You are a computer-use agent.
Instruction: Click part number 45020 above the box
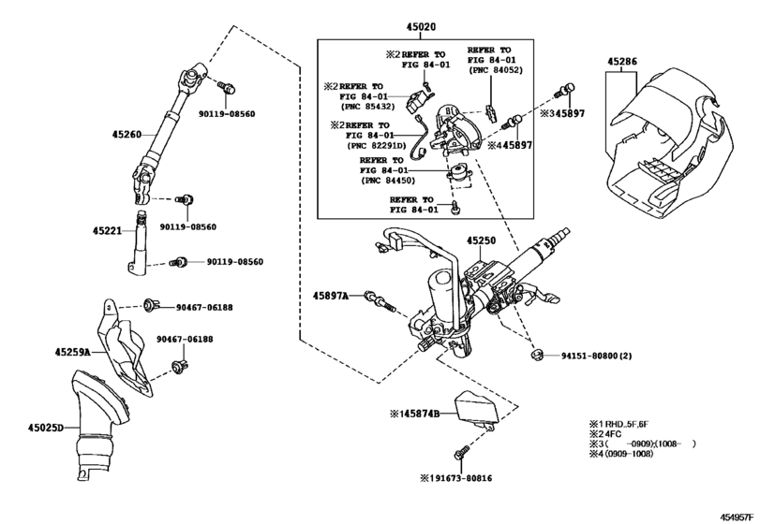pos(421,27)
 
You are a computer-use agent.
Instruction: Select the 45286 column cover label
pos(622,62)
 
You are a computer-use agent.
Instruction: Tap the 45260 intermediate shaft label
pos(127,135)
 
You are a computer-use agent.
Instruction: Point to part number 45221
pos(107,231)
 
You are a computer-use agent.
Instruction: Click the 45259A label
pos(73,352)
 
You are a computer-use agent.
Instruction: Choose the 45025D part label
pos(46,428)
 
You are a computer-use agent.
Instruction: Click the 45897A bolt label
pos(331,295)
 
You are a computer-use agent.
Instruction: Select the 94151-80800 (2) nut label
pos(596,357)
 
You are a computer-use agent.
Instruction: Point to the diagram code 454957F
pos(737,517)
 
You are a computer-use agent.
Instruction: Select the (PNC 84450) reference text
pos(388,181)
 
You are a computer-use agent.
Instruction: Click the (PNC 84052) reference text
pos(495,70)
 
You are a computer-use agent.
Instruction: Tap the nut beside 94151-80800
pos(536,357)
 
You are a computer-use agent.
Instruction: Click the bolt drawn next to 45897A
pos(380,300)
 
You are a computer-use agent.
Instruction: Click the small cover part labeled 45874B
pos(475,407)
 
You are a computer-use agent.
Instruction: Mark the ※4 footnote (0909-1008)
pos(621,454)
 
